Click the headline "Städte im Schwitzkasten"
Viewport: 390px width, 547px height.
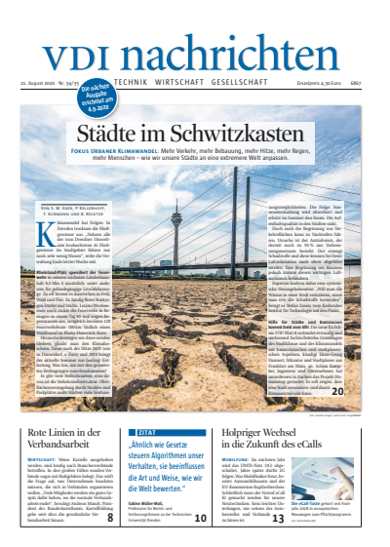pyautogui.click(x=195, y=130)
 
